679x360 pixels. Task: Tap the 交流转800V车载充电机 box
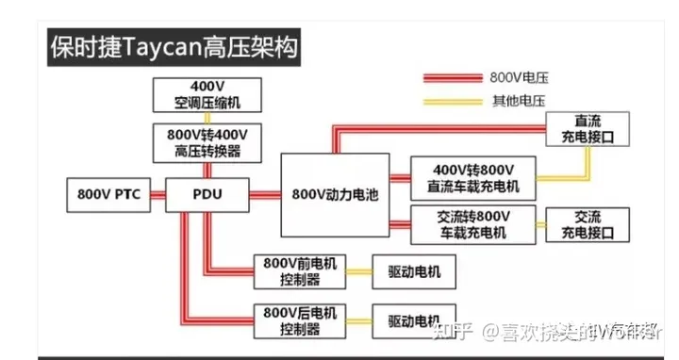point(472,223)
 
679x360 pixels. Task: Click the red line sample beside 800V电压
point(453,76)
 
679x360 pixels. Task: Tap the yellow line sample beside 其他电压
point(453,99)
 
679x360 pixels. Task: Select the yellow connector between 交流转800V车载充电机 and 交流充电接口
point(540,223)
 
